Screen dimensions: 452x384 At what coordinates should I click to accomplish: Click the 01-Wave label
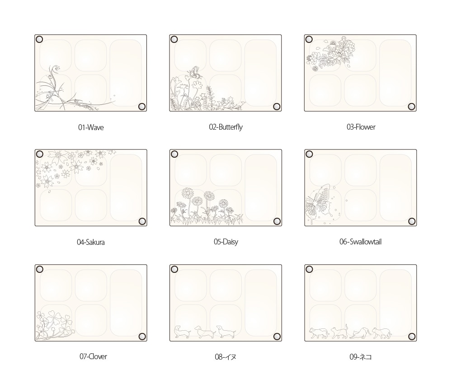click(x=91, y=127)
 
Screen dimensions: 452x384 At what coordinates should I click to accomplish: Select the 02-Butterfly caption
click(x=226, y=127)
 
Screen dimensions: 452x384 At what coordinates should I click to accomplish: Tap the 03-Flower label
click(x=361, y=127)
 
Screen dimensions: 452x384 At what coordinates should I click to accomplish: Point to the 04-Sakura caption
click(x=90, y=242)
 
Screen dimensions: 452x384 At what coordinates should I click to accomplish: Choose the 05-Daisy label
click(x=226, y=242)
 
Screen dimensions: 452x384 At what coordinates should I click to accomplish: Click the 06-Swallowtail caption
click(x=360, y=242)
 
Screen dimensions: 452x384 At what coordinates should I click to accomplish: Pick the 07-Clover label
click(x=93, y=356)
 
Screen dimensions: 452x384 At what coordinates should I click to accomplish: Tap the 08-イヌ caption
click(x=226, y=357)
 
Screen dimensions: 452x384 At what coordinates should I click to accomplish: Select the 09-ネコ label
click(x=360, y=357)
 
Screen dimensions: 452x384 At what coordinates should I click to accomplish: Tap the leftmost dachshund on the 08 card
click(x=183, y=332)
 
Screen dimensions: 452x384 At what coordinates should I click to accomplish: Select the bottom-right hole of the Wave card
click(x=142, y=107)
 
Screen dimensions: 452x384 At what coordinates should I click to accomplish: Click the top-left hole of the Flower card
click(x=309, y=39)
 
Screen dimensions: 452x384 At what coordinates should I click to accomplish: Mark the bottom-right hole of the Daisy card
click(x=277, y=221)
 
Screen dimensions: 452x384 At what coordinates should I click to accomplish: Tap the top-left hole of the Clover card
click(x=39, y=269)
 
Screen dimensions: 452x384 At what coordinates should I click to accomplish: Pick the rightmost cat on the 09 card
click(x=381, y=333)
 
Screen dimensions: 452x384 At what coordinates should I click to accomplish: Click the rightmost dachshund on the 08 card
click(x=226, y=332)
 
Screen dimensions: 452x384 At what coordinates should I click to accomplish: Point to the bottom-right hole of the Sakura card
click(x=142, y=221)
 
